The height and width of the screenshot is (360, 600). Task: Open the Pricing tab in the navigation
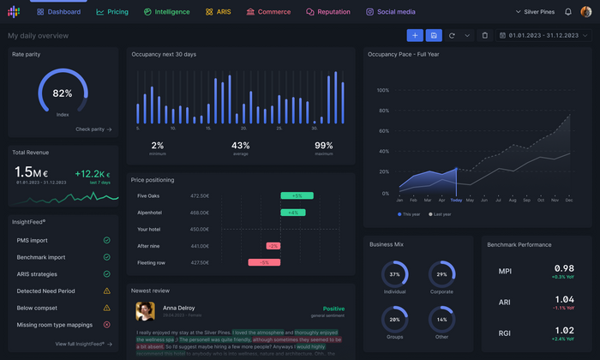click(112, 12)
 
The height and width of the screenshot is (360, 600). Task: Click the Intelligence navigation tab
click(167, 12)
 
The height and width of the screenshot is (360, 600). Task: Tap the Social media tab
click(391, 12)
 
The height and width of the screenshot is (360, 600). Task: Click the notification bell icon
click(568, 12)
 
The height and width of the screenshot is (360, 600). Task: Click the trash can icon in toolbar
click(485, 35)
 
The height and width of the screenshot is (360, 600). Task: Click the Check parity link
click(93, 129)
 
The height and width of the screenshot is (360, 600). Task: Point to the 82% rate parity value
click(63, 93)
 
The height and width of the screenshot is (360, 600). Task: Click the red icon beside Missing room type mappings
click(107, 325)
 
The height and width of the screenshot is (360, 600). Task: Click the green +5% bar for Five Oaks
click(297, 196)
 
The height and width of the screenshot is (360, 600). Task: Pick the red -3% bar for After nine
click(273, 246)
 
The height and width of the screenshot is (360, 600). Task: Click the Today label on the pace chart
click(456, 201)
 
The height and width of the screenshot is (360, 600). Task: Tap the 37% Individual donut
click(395, 274)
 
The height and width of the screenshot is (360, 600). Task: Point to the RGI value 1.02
click(564, 331)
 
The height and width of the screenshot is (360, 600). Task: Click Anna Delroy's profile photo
click(145, 310)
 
